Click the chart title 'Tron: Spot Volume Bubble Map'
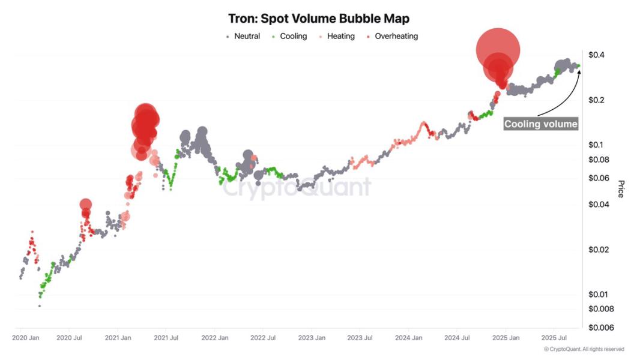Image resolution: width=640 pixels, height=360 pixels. [x=319, y=19]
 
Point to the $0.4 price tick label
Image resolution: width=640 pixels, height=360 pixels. [x=596, y=55]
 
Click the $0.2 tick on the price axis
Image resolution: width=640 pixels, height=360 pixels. [x=596, y=100]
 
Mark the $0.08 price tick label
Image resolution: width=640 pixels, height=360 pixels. [x=599, y=160]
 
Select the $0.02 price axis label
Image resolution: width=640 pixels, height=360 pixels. [x=599, y=250]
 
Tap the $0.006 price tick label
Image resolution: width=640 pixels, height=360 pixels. [x=600, y=328]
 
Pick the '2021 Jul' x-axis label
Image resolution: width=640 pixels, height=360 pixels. [x=166, y=338]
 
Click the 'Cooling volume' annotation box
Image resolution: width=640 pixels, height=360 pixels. [x=541, y=124]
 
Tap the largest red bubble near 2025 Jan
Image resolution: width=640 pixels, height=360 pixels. [x=498, y=50]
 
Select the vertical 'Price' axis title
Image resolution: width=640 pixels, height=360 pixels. [x=621, y=188]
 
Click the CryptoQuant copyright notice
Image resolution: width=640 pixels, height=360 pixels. [x=584, y=349]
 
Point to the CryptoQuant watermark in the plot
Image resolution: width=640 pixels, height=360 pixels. [x=297, y=187]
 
